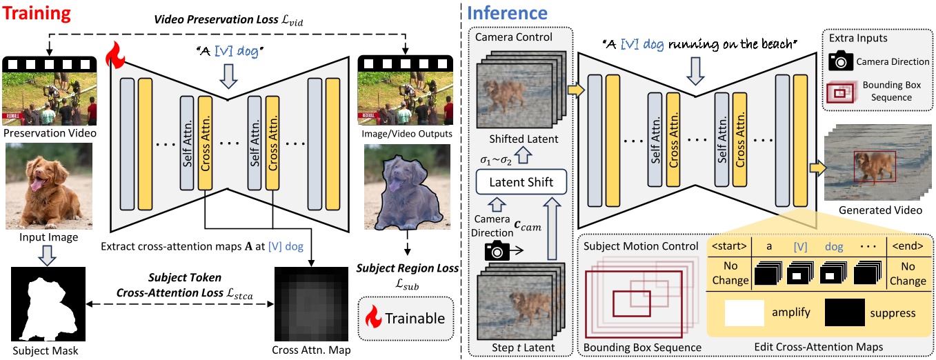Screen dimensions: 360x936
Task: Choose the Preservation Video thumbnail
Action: point(47,90)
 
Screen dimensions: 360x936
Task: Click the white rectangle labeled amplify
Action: point(744,312)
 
